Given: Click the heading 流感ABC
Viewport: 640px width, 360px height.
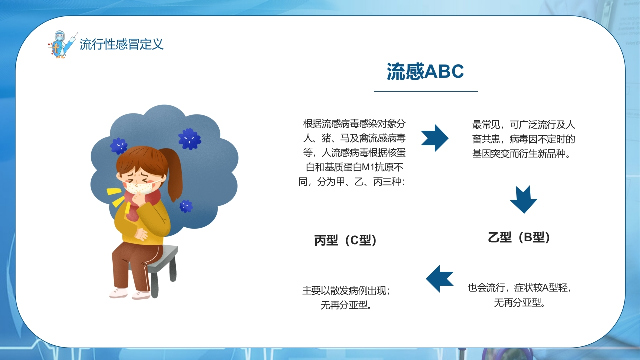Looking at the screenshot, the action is pyautogui.click(x=425, y=71).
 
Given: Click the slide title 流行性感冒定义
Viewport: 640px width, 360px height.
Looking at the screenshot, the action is pyautogui.click(x=121, y=44).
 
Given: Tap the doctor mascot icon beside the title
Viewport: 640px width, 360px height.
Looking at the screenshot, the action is pyautogui.click(x=63, y=45).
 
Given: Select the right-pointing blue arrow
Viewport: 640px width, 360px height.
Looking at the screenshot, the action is pyautogui.click(x=435, y=138).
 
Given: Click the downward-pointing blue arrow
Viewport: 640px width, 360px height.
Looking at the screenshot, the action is pyautogui.click(x=523, y=199).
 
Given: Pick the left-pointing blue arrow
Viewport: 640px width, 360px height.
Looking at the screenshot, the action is pyautogui.click(x=440, y=279).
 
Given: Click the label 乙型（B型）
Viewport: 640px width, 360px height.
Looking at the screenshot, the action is pyautogui.click(x=519, y=237).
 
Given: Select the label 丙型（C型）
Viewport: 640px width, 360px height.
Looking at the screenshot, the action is pyautogui.click(x=345, y=240).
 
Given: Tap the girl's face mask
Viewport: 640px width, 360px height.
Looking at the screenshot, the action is pyautogui.click(x=139, y=187).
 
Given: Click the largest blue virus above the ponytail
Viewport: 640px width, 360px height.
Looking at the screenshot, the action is pyautogui.click(x=189, y=139).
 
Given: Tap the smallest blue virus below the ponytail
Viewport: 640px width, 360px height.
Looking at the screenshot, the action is pyautogui.click(x=186, y=206).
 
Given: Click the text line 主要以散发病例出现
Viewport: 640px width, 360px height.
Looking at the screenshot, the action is pyautogui.click(x=346, y=291).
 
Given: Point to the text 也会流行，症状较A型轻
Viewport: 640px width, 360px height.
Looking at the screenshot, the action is pyautogui.click(x=519, y=288).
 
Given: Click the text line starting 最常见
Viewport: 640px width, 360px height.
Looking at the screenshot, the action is pyautogui.click(x=523, y=125).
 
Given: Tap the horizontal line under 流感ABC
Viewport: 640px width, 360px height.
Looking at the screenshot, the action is pyautogui.click(x=425, y=91).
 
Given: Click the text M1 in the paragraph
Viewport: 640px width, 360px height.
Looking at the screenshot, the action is pyautogui.click(x=368, y=167).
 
